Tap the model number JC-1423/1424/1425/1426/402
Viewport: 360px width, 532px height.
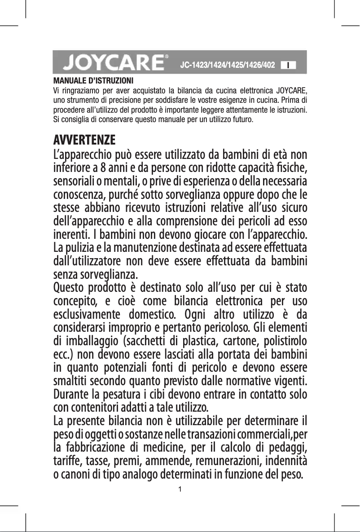pyautogui.click(x=227, y=65)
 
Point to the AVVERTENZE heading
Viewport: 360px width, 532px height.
pyautogui.click(x=84, y=139)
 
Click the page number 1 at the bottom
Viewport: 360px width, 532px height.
pyautogui.click(x=180, y=488)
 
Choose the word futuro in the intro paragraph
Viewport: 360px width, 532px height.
pyautogui.click(x=243, y=121)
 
